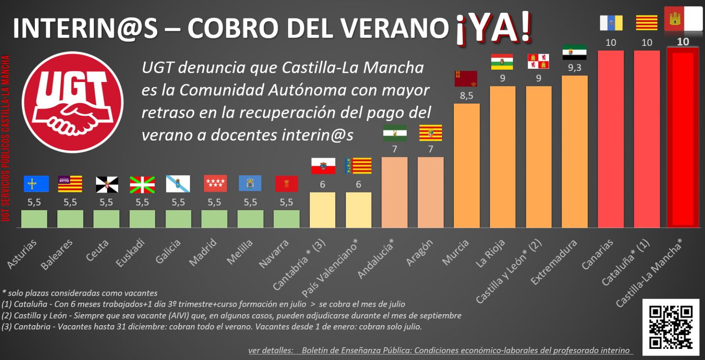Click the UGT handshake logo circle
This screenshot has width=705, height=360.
click(73, 102)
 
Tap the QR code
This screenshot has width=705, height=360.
click(671, 327)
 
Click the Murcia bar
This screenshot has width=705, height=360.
click(467, 166)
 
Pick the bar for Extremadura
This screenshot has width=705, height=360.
click(575, 152)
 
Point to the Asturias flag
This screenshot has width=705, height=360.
click(36, 184)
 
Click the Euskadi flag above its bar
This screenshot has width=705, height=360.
click(142, 184)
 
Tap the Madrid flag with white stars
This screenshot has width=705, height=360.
click(215, 183)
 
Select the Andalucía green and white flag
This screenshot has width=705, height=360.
click(395, 133)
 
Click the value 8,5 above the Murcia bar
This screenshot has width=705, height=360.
click(467, 95)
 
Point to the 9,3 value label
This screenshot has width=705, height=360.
click(575, 67)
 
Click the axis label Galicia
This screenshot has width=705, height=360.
click(168, 252)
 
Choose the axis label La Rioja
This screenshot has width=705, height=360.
click(490, 254)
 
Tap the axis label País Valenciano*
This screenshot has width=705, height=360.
click(330, 268)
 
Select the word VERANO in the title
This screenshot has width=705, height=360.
click(395, 28)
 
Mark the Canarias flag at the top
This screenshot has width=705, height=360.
click(611, 22)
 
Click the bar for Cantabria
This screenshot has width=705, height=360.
click(322, 210)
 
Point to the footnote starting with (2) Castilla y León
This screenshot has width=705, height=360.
click(231, 315)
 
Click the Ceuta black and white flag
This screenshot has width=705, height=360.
click(107, 184)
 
